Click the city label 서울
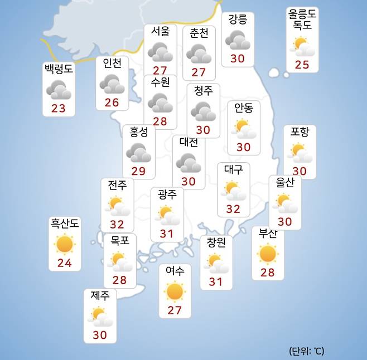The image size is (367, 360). tap(160, 31)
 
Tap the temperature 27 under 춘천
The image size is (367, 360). tap(199, 72)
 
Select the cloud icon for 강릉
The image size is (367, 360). tap(238, 40)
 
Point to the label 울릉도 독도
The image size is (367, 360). tap(302, 20)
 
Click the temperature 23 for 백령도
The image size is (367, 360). tap(59, 108)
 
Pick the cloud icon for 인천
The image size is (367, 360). tap(112, 84)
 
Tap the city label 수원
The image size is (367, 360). tap(160, 82)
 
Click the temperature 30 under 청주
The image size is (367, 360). tap(203, 130)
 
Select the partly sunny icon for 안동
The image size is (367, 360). tap(243, 128)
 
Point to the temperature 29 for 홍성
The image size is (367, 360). tap(138, 171)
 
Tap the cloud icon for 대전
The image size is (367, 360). tap(189, 162)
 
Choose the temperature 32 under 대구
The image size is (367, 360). tap(233, 209)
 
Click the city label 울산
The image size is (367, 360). tap(285, 182)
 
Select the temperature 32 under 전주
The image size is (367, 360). tap(117, 224)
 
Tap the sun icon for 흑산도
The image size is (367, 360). tap(65, 244)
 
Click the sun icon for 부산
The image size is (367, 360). tap(268, 254)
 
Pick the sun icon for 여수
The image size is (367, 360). tap(175, 291)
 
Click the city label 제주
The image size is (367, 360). tap(100, 295)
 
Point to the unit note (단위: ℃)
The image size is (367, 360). tap(306, 351)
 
